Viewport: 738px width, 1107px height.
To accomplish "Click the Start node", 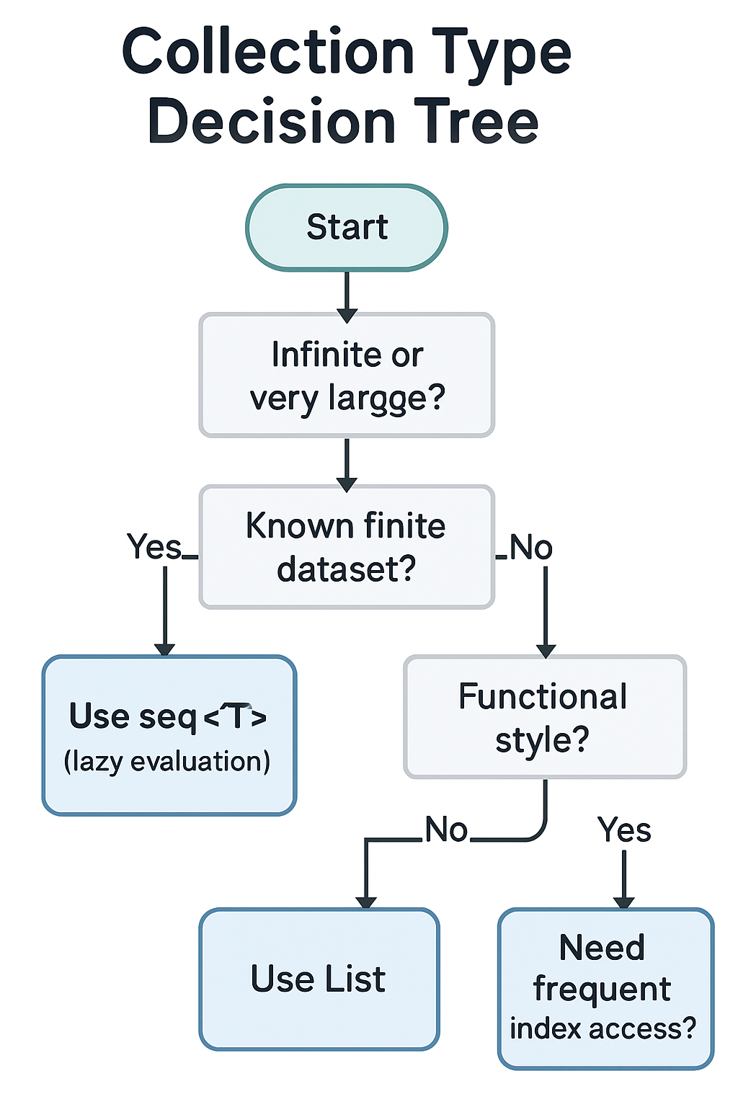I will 347,228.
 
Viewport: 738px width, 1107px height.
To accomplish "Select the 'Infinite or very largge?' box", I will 347,375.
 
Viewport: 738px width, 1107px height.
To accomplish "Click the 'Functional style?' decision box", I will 544,717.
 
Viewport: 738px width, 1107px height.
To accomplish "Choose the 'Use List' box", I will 319,979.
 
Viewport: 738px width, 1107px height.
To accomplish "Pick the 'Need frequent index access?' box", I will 605,988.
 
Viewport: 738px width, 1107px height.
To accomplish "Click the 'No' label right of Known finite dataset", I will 531,548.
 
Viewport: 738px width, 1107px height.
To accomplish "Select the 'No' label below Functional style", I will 446,830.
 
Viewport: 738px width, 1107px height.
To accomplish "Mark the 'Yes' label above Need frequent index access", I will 624,830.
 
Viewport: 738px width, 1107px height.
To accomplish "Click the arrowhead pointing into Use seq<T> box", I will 165,649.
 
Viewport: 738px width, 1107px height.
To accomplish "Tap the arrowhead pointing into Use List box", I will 366,902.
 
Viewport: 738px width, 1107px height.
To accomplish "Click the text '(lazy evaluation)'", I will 167,762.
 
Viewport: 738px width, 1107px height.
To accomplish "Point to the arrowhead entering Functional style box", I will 546,650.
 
